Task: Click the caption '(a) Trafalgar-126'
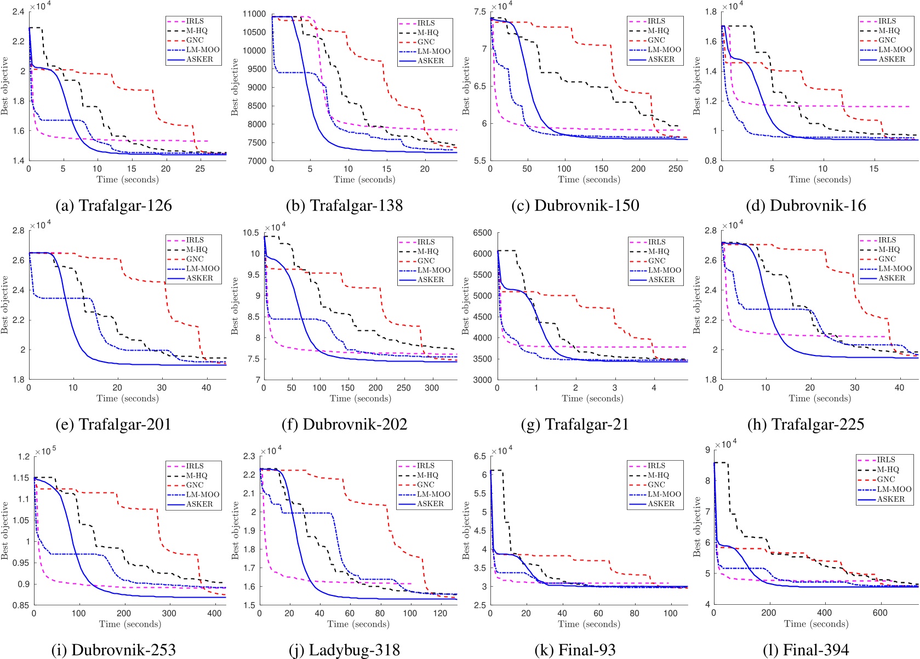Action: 114,205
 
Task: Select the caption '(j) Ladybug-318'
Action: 344,650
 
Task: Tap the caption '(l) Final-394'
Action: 805,650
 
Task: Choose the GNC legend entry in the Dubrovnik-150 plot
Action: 656,40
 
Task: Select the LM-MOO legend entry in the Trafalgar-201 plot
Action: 203,268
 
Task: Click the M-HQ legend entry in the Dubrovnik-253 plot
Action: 197,475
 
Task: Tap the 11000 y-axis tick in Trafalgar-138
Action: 254,14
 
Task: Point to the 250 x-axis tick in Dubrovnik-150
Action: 676,169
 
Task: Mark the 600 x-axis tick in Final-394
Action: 880,613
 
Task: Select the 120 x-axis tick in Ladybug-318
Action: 440,614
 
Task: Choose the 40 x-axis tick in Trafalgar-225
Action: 899,388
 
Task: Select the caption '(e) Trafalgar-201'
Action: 114,425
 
